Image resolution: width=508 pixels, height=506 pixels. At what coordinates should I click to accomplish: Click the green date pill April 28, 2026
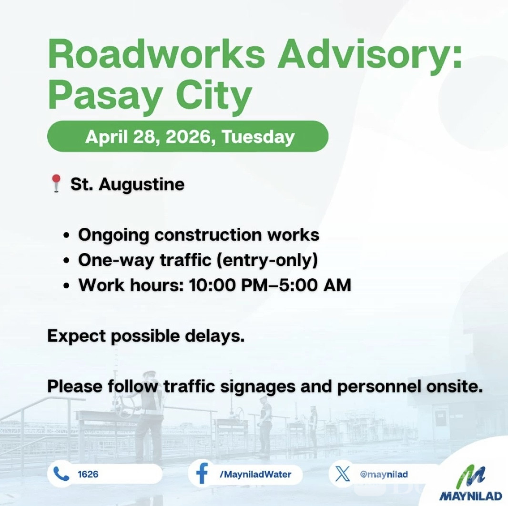[x=188, y=136]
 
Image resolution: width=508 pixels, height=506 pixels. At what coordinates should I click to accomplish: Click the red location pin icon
[x=57, y=184]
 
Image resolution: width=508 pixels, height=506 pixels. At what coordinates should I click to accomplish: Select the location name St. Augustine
[x=128, y=185]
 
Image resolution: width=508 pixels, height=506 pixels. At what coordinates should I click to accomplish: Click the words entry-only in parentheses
[x=267, y=260]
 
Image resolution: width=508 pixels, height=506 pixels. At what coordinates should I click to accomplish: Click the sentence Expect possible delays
[x=146, y=336]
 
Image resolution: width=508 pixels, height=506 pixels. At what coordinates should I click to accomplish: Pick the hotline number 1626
[x=88, y=475]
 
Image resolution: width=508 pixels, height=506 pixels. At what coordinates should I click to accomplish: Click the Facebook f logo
[x=202, y=475]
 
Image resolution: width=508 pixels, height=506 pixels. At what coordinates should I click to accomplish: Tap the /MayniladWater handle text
[x=255, y=475]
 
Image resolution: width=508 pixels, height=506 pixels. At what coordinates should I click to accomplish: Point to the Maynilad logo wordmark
[x=471, y=496]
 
